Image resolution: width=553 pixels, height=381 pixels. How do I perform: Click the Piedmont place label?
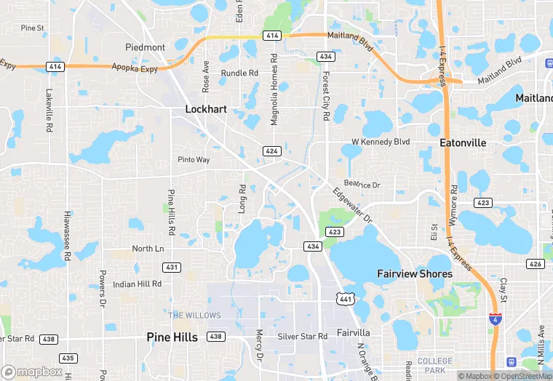coord(145,47)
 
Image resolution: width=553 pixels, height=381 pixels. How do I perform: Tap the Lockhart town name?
coord(206,109)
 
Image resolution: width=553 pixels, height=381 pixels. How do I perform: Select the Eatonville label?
coord(463,143)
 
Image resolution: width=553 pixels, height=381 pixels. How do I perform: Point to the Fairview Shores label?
coord(415,274)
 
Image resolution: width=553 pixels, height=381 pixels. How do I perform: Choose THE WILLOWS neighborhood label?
coord(194,316)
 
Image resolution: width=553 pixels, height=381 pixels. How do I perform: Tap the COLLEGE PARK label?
coord(435,366)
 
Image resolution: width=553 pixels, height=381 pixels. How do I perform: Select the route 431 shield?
coord(172,268)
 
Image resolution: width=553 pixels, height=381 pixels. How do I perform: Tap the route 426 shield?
coord(536,264)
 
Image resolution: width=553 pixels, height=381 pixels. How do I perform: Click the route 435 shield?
coord(68,358)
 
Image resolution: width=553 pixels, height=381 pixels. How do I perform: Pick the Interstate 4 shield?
coord(495,318)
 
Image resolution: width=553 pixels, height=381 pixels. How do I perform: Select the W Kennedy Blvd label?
coord(381,142)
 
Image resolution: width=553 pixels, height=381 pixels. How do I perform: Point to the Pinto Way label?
coord(194,160)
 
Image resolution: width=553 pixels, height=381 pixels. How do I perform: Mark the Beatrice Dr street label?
coord(362,185)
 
